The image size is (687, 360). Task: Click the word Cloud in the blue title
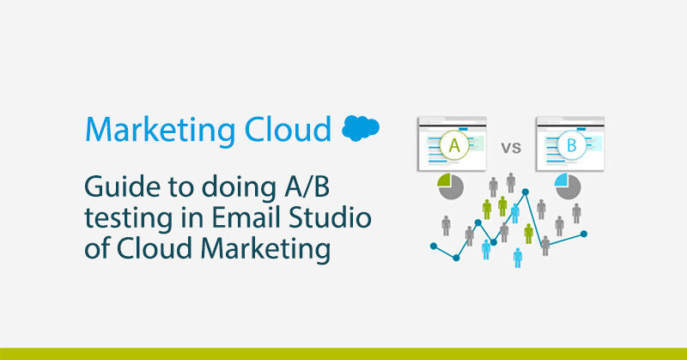tap(288, 129)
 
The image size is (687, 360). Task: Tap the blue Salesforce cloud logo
tap(361, 128)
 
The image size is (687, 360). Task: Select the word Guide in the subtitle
tap(122, 187)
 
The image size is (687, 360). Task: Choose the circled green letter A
tap(454, 145)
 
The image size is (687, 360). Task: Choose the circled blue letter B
tap(572, 145)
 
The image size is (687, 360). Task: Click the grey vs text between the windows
tap(511, 148)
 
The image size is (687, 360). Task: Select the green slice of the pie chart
tap(444, 180)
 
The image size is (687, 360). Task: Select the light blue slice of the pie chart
tap(562, 180)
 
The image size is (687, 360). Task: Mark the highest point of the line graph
tap(526, 192)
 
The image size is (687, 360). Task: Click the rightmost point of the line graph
tap(584, 235)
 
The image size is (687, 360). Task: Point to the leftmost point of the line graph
tap(434, 246)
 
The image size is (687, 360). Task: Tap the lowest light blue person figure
tap(518, 258)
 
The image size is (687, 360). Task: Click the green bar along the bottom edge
tap(343, 354)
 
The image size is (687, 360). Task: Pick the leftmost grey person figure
tap(446, 225)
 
